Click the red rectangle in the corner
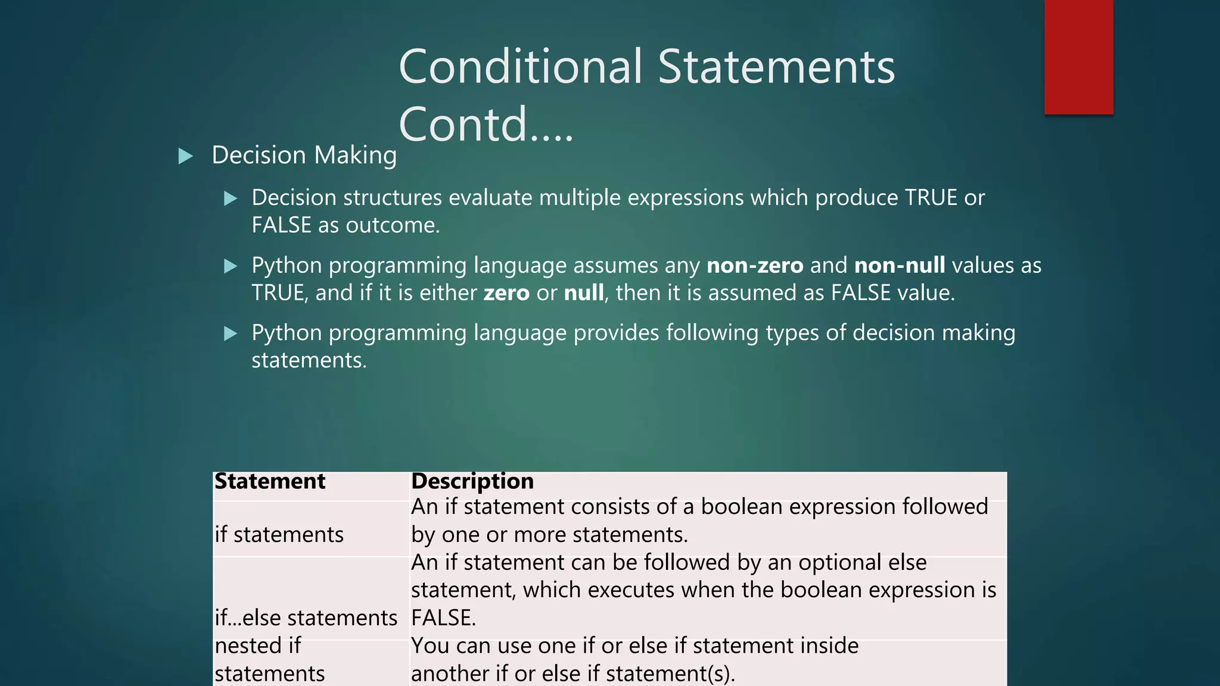point(1078,57)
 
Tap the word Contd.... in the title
point(485,124)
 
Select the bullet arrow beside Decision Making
point(186,157)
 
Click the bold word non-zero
point(755,266)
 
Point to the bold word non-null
point(900,266)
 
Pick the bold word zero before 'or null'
point(506,294)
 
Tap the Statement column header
point(270,481)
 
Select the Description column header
point(472,481)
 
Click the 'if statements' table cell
point(279,535)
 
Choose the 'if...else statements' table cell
point(306,618)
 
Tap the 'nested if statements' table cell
point(269,660)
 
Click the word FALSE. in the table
point(443,618)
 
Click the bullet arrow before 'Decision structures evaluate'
point(231,199)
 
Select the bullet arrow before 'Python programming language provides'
point(231,334)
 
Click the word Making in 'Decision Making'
point(355,156)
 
